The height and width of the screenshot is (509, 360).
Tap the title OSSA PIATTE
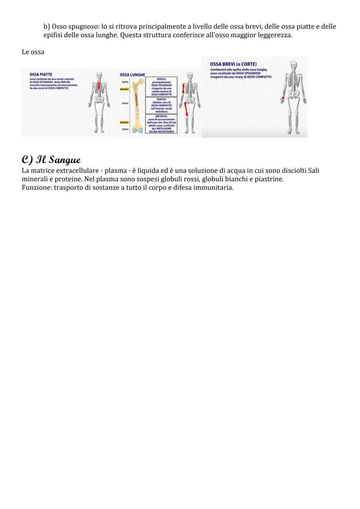coord(41,74)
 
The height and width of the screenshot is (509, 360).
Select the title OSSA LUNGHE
coord(132,75)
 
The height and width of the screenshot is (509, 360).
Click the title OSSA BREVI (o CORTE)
coord(233,64)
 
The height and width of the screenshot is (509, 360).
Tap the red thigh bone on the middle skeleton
coord(186,106)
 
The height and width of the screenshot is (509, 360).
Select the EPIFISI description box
coord(161,86)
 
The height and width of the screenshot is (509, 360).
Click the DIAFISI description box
coord(161,105)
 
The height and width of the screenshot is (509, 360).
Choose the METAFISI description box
coord(161,123)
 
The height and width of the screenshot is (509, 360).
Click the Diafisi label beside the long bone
coord(125,103)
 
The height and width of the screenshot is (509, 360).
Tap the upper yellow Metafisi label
coord(124,89)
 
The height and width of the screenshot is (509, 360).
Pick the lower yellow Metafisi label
coord(124,123)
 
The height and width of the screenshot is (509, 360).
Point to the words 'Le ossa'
coord(33,52)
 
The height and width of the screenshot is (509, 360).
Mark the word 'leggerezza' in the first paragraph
coord(274,35)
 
